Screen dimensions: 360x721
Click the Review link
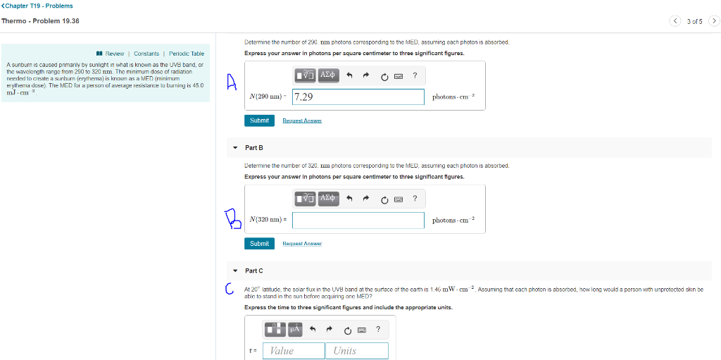coord(114,54)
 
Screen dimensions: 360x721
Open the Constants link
coord(146,54)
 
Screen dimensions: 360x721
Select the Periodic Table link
coord(187,54)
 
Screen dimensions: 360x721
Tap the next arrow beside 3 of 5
coord(713,20)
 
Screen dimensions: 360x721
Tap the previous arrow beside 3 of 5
coord(675,20)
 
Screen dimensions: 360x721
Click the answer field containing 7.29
coord(358,97)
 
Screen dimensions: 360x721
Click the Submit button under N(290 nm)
coord(259,120)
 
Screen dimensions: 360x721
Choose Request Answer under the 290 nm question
coord(302,121)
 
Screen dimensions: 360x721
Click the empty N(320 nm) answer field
coord(358,220)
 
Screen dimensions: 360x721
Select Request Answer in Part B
coord(302,244)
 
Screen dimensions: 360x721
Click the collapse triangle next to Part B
coord(235,148)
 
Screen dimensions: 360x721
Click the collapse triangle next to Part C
coord(235,271)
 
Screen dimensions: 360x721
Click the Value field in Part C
coord(293,351)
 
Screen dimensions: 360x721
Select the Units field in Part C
coord(356,351)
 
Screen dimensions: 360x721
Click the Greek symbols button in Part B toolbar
coord(329,198)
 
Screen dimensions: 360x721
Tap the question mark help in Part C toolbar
coord(378,328)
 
